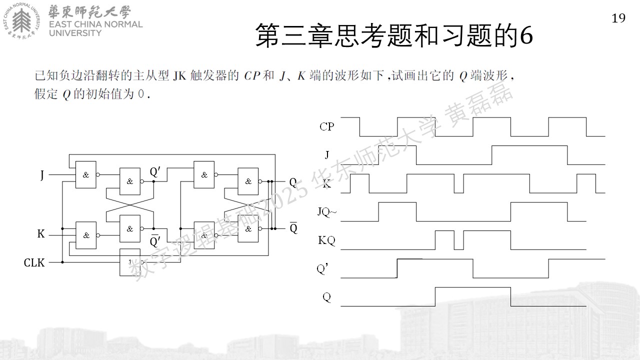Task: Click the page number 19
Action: (618, 18)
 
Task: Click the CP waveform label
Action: (326, 126)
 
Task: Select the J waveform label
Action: (327, 155)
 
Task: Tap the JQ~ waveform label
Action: (327, 212)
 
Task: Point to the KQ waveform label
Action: (326, 240)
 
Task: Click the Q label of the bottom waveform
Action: (326, 297)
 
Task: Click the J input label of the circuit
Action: (42, 175)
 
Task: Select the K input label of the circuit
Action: (41, 233)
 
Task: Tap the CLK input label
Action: (34, 262)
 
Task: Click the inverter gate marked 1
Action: (130, 262)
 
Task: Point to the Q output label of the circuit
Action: (293, 182)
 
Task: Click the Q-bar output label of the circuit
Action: (293, 227)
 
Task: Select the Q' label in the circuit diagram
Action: (155, 171)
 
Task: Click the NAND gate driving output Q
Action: (248, 181)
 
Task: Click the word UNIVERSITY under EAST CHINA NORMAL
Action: (75, 33)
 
